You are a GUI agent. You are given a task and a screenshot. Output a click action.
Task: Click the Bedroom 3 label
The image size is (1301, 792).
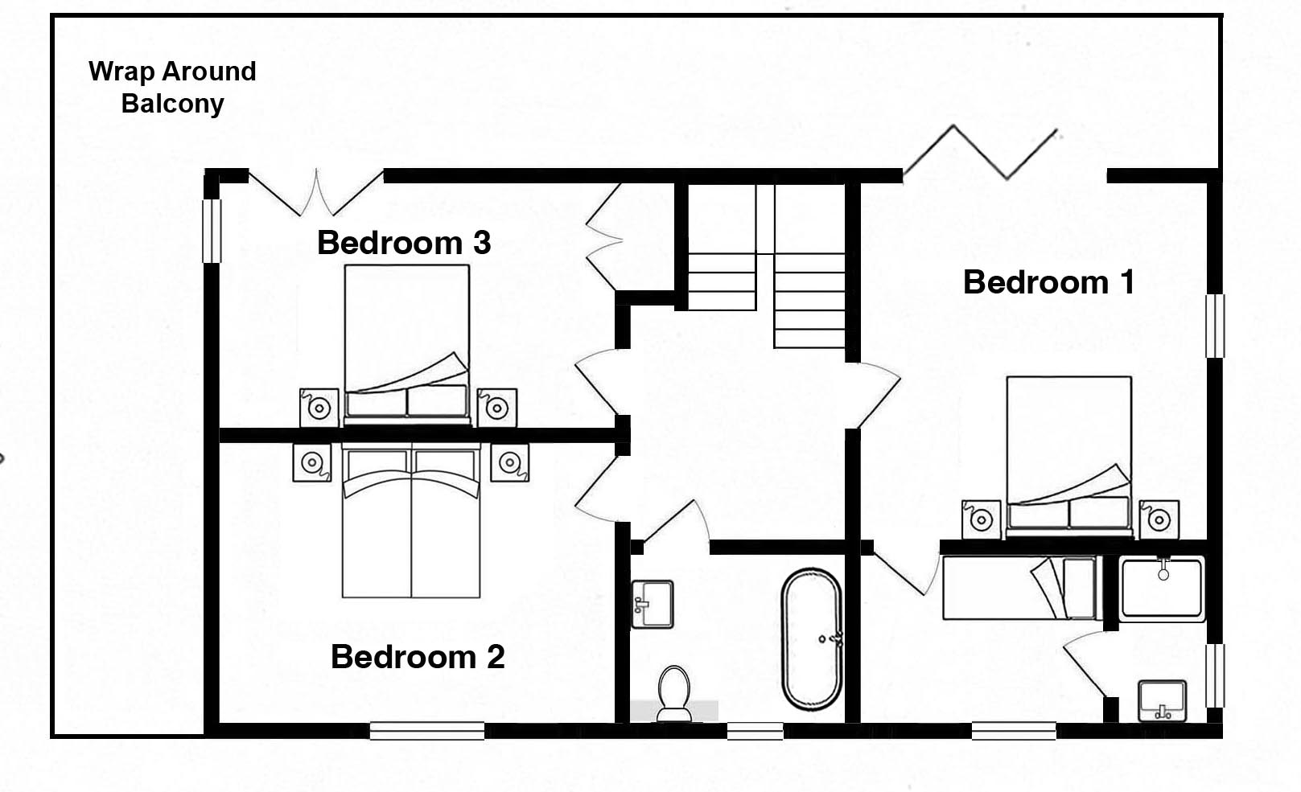click(x=403, y=243)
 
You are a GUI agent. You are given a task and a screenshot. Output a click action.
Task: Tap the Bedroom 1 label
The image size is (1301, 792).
click(x=1048, y=282)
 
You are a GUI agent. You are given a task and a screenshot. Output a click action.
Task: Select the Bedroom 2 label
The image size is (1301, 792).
click(x=418, y=657)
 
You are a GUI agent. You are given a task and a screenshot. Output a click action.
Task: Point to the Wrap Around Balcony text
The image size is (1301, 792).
click(x=172, y=87)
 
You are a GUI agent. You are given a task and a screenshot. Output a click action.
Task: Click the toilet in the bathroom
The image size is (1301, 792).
click(x=673, y=693)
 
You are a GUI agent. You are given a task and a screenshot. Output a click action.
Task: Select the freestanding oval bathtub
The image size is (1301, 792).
click(x=811, y=639)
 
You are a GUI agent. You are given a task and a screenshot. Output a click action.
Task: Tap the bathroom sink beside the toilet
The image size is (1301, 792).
click(x=652, y=604)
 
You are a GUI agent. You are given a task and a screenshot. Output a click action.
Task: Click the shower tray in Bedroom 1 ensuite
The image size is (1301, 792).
click(x=1162, y=588)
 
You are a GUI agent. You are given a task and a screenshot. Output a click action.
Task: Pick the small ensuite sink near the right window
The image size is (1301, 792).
click(x=1162, y=700)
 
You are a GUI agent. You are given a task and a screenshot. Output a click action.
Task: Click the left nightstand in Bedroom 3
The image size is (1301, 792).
click(x=319, y=408)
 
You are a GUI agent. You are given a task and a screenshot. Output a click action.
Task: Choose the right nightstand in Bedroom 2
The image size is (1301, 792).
click(x=509, y=462)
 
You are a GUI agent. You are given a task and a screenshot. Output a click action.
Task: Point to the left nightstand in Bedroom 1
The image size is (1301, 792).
click(x=981, y=519)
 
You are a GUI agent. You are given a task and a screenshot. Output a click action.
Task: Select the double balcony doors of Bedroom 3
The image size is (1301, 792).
click(x=316, y=193)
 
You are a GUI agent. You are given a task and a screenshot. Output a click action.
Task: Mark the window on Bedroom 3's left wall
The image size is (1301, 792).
click(x=211, y=230)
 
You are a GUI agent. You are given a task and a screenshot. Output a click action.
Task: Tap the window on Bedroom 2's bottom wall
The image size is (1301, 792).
click(x=426, y=731)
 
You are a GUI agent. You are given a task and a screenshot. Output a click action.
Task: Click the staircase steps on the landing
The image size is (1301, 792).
click(x=764, y=281)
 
